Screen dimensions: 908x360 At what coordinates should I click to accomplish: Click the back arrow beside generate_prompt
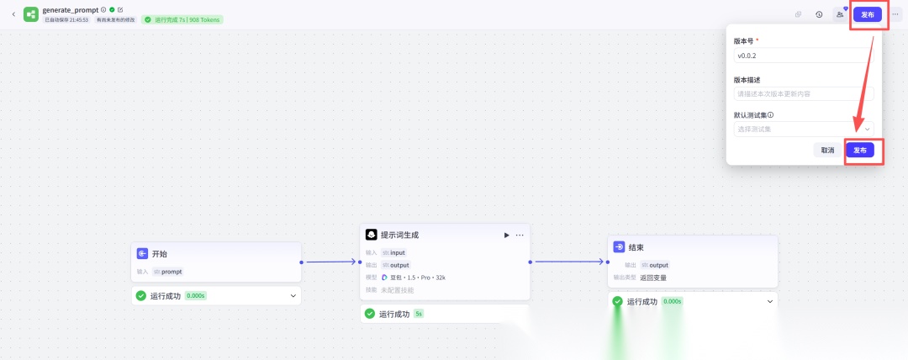point(13,14)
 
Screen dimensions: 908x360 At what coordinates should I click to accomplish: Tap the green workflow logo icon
point(31,14)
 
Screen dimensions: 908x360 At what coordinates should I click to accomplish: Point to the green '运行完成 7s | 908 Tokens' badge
point(182,19)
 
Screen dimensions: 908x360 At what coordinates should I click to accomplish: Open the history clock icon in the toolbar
point(819,14)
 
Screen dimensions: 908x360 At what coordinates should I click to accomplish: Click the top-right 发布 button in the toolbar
point(868,14)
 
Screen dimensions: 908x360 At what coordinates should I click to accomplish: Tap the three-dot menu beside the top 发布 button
point(895,14)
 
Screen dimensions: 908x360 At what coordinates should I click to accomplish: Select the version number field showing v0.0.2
point(803,55)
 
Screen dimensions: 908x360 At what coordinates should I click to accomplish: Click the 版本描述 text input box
point(803,94)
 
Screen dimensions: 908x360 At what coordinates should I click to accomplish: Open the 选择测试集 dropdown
point(803,130)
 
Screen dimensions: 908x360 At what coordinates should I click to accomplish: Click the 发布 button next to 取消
point(859,150)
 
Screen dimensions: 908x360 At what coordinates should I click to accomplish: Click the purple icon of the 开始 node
point(142,253)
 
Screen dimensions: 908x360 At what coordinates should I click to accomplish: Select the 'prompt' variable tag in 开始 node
point(168,272)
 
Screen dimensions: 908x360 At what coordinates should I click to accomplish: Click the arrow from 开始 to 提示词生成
point(330,262)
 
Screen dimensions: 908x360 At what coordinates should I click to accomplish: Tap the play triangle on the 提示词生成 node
point(506,235)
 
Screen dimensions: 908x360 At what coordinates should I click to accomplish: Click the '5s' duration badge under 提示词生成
point(419,314)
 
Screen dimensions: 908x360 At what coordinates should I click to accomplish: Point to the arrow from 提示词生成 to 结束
point(568,262)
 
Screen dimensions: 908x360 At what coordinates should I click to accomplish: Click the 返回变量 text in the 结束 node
point(653,277)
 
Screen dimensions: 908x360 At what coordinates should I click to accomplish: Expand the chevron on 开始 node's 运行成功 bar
point(293,295)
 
